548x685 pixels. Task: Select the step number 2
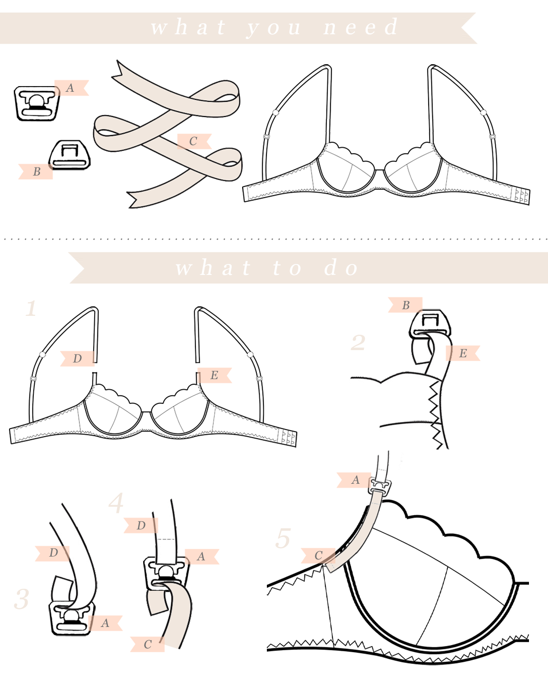tap(358, 342)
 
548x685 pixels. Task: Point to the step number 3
tap(21, 599)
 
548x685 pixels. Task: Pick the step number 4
tap(116, 503)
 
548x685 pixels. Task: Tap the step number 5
tap(283, 538)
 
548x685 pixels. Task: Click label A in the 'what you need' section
tap(70, 88)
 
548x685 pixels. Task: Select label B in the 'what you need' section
tap(37, 172)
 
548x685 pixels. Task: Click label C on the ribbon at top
tap(193, 141)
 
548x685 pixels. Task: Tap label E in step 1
tap(214, 375)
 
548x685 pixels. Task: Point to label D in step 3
tap(53, 553)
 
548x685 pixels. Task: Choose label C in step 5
tap(318, 555)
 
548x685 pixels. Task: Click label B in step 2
tap(406, 305)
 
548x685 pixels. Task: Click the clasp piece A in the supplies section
tap(37, 103)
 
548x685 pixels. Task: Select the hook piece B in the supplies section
tap(70, 155)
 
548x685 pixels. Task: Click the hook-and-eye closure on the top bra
tap(522, 196)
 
